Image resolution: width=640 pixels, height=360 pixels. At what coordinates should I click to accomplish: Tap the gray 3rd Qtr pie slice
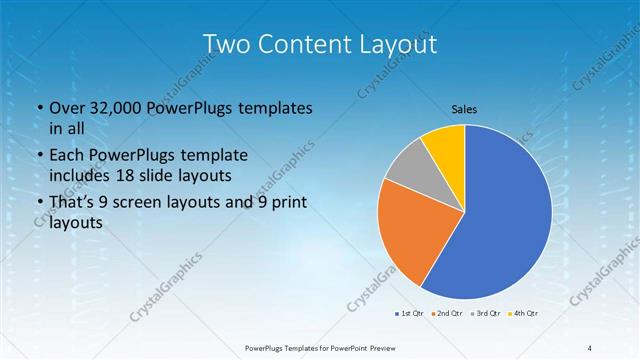click(408, 167)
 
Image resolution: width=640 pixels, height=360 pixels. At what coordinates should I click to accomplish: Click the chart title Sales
click(464, 108)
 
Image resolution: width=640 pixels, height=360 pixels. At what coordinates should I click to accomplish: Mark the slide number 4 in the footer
click(589, 348)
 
